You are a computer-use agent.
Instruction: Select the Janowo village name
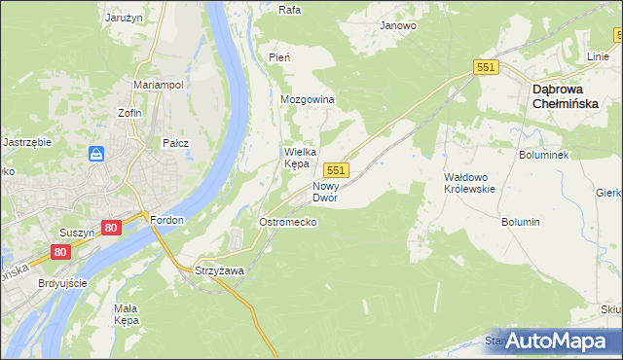[x=398, y=25]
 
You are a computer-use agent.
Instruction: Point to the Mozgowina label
[x=308, y=100]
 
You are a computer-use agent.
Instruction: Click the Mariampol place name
[x=159, y=86]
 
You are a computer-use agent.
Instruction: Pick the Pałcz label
[x=176, y=143]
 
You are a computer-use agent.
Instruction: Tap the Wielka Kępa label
[x=297, y=158]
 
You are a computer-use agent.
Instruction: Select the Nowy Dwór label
[x=325, y=191]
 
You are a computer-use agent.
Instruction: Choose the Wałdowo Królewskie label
[x=470, y=183]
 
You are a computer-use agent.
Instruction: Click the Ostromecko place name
[x=287, y=222]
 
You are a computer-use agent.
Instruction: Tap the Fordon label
[x=167, y=220]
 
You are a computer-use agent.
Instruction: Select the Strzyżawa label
[x=219, y=270]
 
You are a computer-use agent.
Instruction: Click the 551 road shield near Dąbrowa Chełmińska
[x=487, y=67]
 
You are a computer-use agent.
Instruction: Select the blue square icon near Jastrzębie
[x=96, y=154]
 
